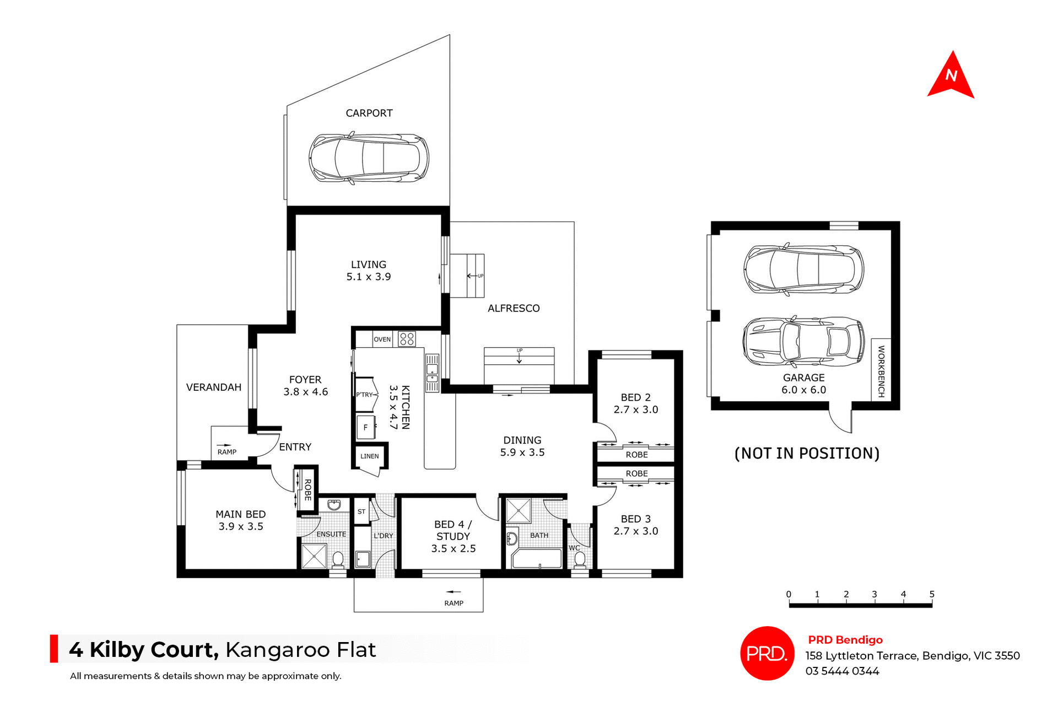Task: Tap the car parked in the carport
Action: [369, 158]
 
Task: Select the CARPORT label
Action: [369, 113]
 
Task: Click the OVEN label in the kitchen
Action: [382, 339]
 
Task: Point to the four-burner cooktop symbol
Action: [407, 339]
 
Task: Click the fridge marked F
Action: [365, 427]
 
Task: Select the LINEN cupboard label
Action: [370, 456]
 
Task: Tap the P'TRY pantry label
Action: [364, 395]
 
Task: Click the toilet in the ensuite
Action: [338, 560]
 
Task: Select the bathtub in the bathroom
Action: [537, 558]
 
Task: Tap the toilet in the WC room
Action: [580, 560]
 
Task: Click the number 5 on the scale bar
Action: [932, 594]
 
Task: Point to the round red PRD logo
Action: [767, 653]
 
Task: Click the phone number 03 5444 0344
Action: [842, 671]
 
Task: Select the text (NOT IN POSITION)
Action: [807, 454]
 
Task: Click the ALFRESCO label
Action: [514, 309]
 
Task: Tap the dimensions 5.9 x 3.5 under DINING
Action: [522, 452]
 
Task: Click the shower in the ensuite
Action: [314, 556]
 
